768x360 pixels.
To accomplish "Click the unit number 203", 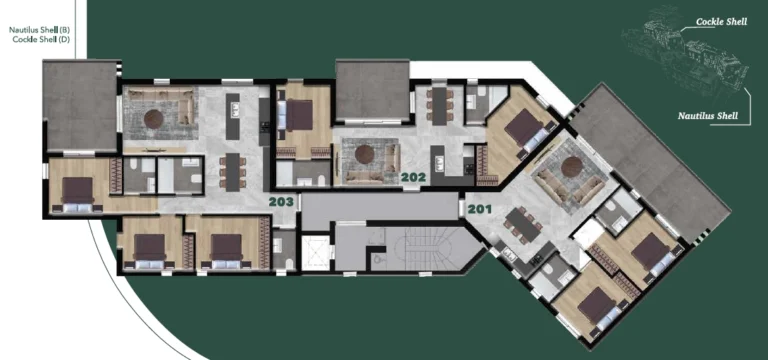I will [281, 201].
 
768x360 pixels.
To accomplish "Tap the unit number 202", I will [413, 178].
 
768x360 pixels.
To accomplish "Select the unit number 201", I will [479, 209].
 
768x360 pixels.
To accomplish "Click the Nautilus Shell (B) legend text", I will [39, 31].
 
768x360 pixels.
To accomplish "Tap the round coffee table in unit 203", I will [154, 118].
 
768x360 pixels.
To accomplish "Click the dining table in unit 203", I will [232, 170].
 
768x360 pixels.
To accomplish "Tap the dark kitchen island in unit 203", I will [233, 117].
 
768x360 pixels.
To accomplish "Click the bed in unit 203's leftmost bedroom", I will [77, 189].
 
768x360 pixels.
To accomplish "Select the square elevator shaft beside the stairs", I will [315, 252].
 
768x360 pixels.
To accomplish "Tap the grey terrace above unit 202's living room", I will [372, 91].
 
